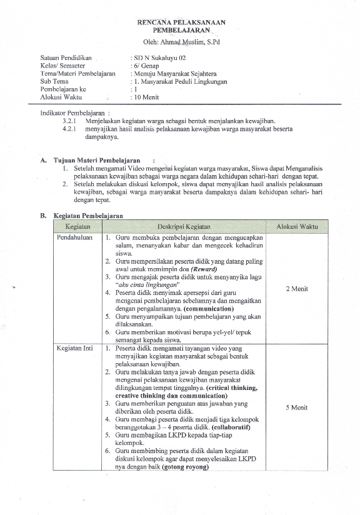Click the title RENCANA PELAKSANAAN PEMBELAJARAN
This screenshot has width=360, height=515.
pyautogui.click(x=181, y=26)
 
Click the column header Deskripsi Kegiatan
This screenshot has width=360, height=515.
pyautogui.click(x=183, y=226)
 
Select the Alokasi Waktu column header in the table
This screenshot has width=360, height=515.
pyautogui.click(x=296, y=226)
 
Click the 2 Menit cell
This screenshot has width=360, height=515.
pyautogui.click(x=296, y=289)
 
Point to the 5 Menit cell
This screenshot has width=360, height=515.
pyautogui.click(x=296, y=407)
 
